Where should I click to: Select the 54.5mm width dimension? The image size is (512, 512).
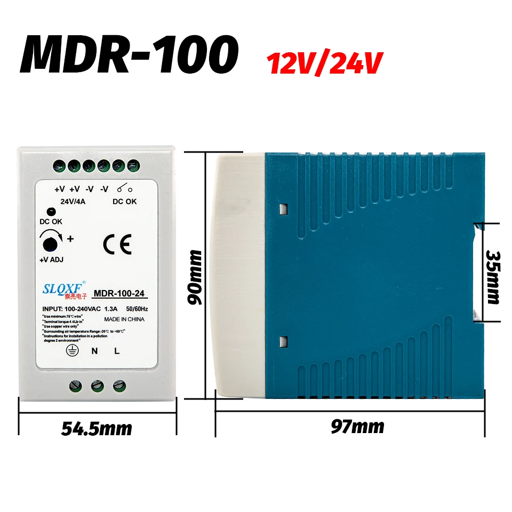point(97,428)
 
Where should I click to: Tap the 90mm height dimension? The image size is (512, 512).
point(196,277)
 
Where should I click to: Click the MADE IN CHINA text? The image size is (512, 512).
point(124,319)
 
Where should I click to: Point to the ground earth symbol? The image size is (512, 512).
point(69,350)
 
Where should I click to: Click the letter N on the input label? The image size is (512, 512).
point(94,350)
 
